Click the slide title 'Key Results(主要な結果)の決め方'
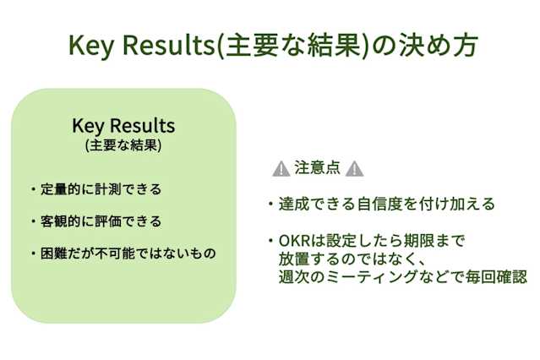click(270, 46)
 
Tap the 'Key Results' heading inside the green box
click(123, 127)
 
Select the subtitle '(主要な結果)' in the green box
click(123, 145)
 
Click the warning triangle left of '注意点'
click(281, 168)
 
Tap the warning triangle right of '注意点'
click(354, 168)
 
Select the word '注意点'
click(317, 167)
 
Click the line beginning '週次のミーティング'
click(401, 276)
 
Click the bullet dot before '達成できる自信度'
click(267, 205)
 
